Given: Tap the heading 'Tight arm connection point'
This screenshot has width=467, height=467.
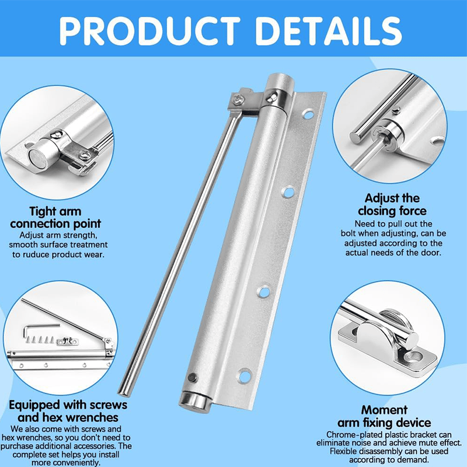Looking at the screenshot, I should pyautogui.click(x=55, y=217).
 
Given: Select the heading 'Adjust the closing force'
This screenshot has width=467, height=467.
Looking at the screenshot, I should pyautogui.click(x=392, y=204).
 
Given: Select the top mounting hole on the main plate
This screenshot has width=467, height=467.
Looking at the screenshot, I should pyautogui.click(x=308, y=114).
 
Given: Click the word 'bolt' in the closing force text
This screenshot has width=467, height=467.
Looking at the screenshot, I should pyautogui.click(x=366, y=233).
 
